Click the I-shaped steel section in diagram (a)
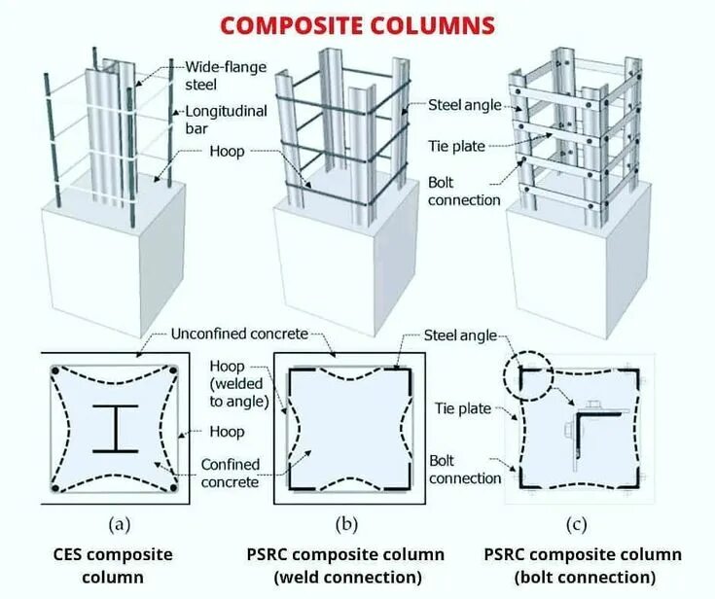click(x=115, y=429)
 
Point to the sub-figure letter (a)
click(x=119, y=525)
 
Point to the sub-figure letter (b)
click(x=345, y=525)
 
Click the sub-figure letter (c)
click(x=577, y=525)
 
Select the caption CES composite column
click(x=113, y=566)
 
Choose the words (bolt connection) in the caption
click(x=583, y=578)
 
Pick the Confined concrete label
click(x=230, y=473)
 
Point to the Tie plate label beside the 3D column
click(x=456, y=146)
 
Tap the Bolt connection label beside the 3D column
click(x=464, y=191)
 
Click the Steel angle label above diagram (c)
click(x=461, y=335)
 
